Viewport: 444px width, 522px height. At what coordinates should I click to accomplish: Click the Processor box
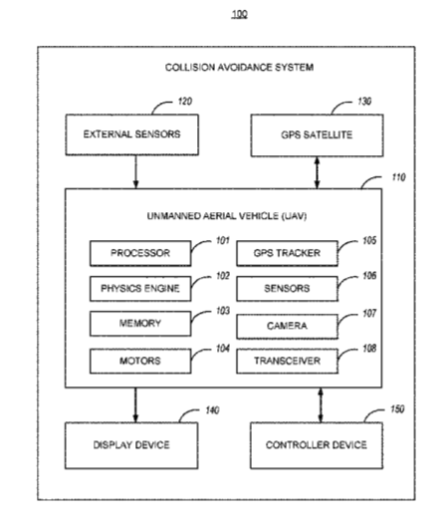click(140, 253)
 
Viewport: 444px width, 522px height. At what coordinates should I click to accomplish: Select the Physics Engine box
click(140, 289)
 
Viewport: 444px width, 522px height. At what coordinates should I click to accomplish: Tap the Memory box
click(140, 324)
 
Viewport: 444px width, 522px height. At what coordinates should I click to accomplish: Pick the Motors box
click(140, 362)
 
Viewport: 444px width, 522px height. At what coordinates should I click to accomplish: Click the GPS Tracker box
click(288, 253)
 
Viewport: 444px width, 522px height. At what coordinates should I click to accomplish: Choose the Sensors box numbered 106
click(288, 289)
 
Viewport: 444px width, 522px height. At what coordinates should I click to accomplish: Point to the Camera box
click(288, 327)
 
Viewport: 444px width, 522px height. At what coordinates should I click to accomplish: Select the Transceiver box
click(288, 362)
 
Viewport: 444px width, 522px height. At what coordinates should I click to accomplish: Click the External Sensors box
click(132, 134)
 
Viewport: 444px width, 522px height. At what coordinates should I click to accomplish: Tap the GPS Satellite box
click(317, 135)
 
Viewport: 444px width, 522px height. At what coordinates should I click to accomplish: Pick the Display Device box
click(131, 445)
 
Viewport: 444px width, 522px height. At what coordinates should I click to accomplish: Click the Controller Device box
click(317, 445)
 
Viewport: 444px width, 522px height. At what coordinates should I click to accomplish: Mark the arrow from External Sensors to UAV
click(135, 171)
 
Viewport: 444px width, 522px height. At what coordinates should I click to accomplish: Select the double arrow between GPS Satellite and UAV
click(317, 172)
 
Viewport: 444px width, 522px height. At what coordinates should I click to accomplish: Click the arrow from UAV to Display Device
click(135, 405)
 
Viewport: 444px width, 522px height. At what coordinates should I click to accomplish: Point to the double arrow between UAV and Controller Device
click(321, 405)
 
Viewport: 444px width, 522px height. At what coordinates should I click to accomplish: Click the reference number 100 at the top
click(240, 14)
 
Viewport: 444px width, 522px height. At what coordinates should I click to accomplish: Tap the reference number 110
click(399, 177)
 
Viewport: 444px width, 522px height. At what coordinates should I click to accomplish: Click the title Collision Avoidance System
click(240, 68)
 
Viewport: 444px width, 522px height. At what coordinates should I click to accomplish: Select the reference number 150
click(397, 409)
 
